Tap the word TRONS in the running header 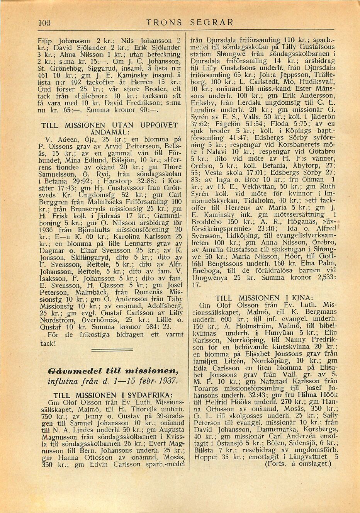(x=164, y=22)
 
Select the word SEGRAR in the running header (x=212, y=22)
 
